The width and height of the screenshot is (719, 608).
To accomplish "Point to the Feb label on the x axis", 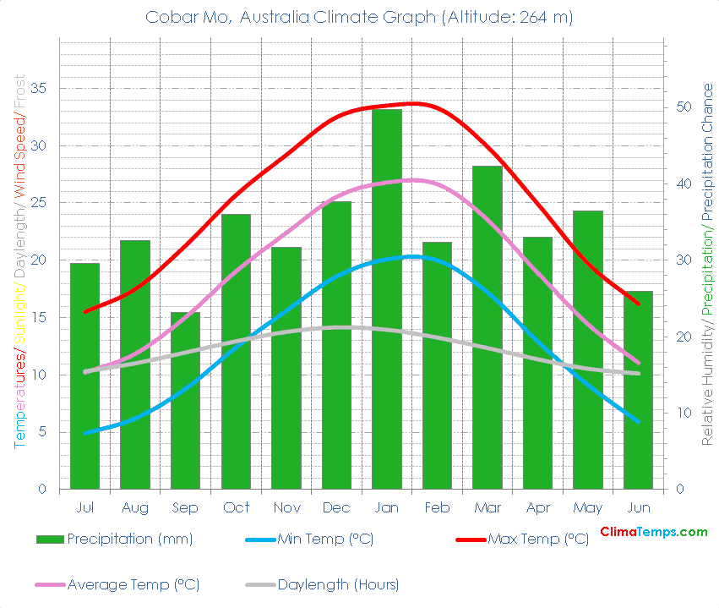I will [437, 507].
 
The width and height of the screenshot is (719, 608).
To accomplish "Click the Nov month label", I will [286, 507].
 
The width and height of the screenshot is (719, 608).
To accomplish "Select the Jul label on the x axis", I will [84, 507].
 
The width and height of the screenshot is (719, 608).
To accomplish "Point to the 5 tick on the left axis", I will [41, 432].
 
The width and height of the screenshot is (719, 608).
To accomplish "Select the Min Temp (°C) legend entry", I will [325, 540].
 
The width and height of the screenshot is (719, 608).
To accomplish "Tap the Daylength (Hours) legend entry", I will [338, 584].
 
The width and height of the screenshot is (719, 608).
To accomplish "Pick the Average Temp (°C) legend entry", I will [133, 584].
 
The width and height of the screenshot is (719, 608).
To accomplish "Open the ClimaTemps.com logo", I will [653, 532].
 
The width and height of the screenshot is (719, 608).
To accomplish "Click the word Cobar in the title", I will [167, 17].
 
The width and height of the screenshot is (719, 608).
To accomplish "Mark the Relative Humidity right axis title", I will [707, 372].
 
